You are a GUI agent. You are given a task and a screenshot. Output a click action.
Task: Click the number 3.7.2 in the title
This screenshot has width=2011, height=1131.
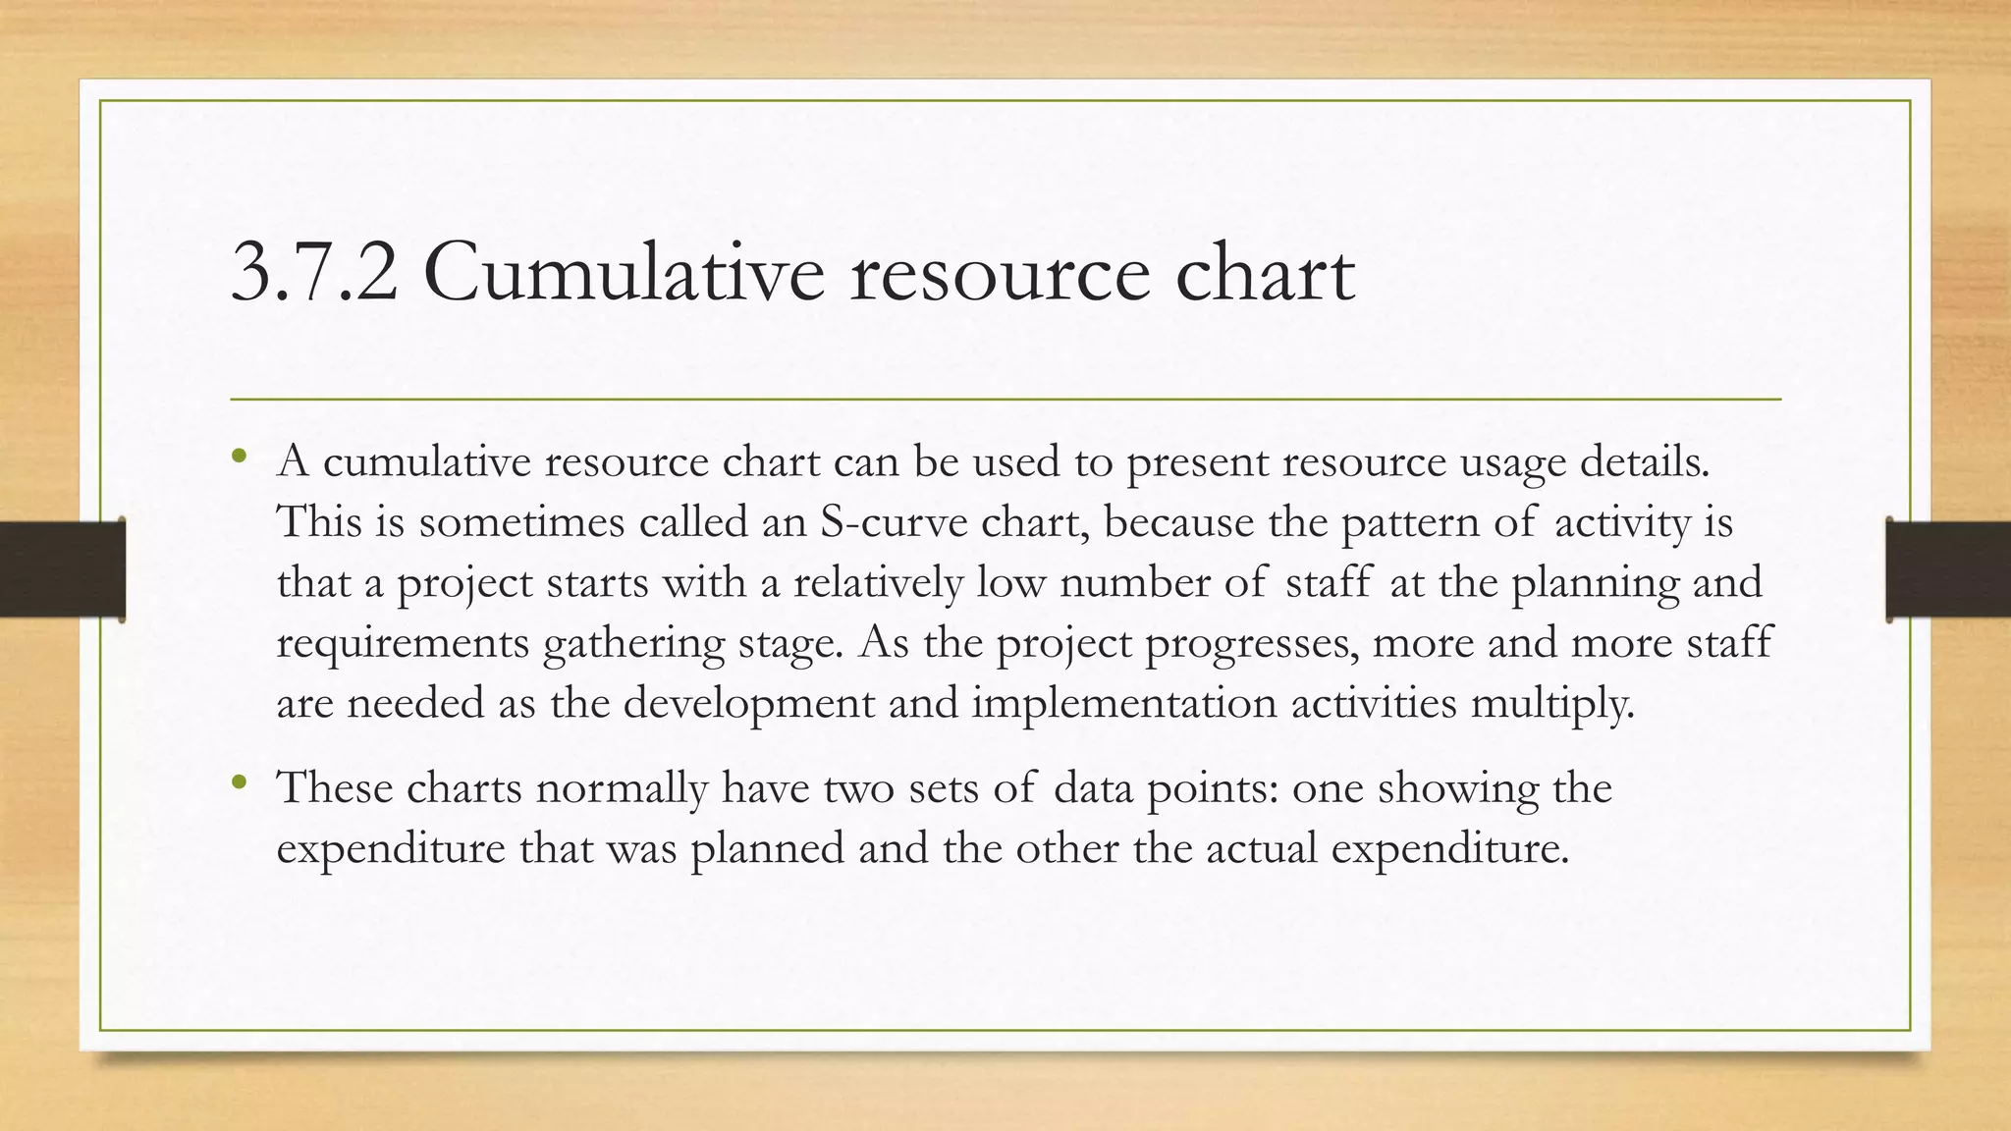pos(314,274)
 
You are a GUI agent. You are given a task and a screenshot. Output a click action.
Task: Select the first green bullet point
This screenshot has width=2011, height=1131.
pos(240,456)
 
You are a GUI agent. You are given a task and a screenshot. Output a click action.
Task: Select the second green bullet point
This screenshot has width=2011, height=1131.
pos(240,781)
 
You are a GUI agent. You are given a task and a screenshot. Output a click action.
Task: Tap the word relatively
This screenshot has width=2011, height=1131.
pos(878,582)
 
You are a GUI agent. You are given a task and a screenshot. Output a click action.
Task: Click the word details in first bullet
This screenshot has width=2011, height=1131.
pos(1645,461)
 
